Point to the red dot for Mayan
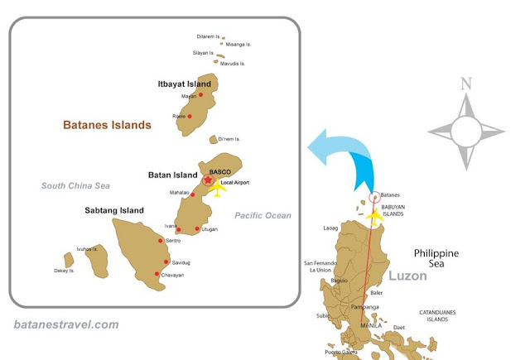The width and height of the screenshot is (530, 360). point(201,96)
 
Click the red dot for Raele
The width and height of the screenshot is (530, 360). point(190,117)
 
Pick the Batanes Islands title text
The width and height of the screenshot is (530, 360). point(108,126)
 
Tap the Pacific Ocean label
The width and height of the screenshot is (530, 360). point(263,215)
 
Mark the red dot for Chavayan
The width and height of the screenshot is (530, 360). point(157,274)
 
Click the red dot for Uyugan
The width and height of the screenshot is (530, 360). point(197,228)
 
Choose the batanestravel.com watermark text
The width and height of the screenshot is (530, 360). point(67,325)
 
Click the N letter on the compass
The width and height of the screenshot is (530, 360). point(466,84)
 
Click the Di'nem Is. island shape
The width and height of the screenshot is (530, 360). point(214,140)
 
